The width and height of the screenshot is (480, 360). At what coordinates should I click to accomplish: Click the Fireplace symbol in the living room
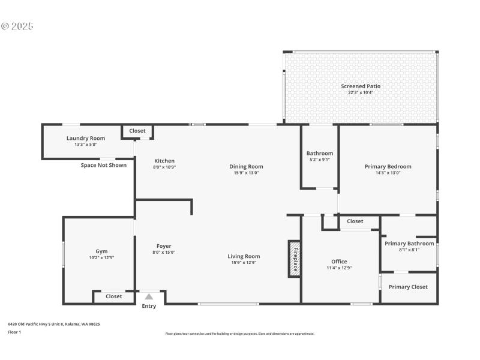pyautogui.click(x=294, y=259)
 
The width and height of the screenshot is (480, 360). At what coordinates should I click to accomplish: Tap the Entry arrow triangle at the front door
pyautogui.click(x=149, y=296)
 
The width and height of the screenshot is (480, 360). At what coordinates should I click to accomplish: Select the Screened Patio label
pyautogui.click(x=361, y=86)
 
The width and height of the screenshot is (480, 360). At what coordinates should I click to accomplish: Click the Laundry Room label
pyautogui.click(x=85, y=138)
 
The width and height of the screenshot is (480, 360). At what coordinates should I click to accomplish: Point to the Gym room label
pyautogui.click(x=101, y=251)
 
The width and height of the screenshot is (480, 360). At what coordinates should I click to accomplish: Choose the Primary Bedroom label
pyautogui.click(x=388, y=166)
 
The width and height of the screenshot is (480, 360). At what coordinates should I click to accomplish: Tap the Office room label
pyautogui.click(x=339, y=262)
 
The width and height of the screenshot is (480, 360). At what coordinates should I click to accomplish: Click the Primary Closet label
pyautogui.click(x=408, y=287)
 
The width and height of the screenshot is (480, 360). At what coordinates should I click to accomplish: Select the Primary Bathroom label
pyautogui.click(x=409, y=244)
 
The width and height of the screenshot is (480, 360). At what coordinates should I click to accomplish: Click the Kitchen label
pyautogui.click(x=164, y=161)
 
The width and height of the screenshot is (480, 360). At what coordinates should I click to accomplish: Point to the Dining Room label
pyautogui.click(x=246, y=166)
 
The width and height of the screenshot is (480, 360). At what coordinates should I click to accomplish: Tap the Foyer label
pyautogui.click(x=164, y=246)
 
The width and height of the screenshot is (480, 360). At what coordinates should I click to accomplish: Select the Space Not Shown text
pyautogui.click(x=104, y=165)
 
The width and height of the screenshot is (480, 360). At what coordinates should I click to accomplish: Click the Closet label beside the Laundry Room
pyautogui.click(x=137, y=130)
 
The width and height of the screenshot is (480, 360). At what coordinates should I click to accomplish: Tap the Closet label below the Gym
pyautogui.click(x=113, y=296)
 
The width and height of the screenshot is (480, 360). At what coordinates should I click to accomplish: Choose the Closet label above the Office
pyautogui.click(x=355, y=221)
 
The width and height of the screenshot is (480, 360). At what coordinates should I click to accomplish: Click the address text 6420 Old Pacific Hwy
pyautogui.click(x=53, y=324)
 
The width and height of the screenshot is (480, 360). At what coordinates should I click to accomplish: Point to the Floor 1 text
pyautogui.click(x=14, y=332)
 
